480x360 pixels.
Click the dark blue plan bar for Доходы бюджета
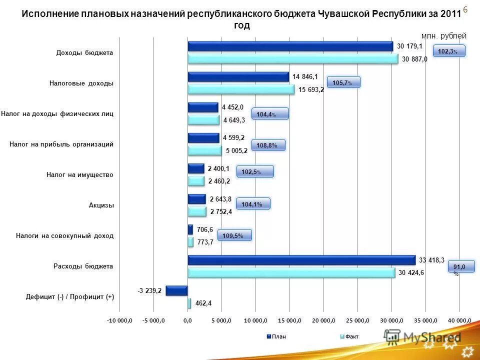(x=290, y=46)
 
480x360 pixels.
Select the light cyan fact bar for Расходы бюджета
(x=291, y=272)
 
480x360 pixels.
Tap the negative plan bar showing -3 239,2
(x=176, y=290)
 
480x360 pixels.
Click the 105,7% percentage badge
(x=343, y=82)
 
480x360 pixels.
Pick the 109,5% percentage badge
(x=233, y=235)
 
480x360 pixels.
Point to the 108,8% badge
(x=267, y=145)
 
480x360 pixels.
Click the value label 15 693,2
(x=311, y=90)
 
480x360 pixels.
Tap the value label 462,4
(x=203, y=303)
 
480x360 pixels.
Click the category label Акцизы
(x=101, y=205)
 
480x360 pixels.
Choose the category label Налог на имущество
(x=80, y=175)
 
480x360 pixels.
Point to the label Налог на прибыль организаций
(x=61, y=144)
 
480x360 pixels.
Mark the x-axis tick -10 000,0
(x=119, y=319)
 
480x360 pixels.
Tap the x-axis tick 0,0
(x=187, y=319)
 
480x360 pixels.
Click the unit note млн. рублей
(x=444, y=36)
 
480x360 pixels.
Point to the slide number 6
(x=465, y=9)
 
